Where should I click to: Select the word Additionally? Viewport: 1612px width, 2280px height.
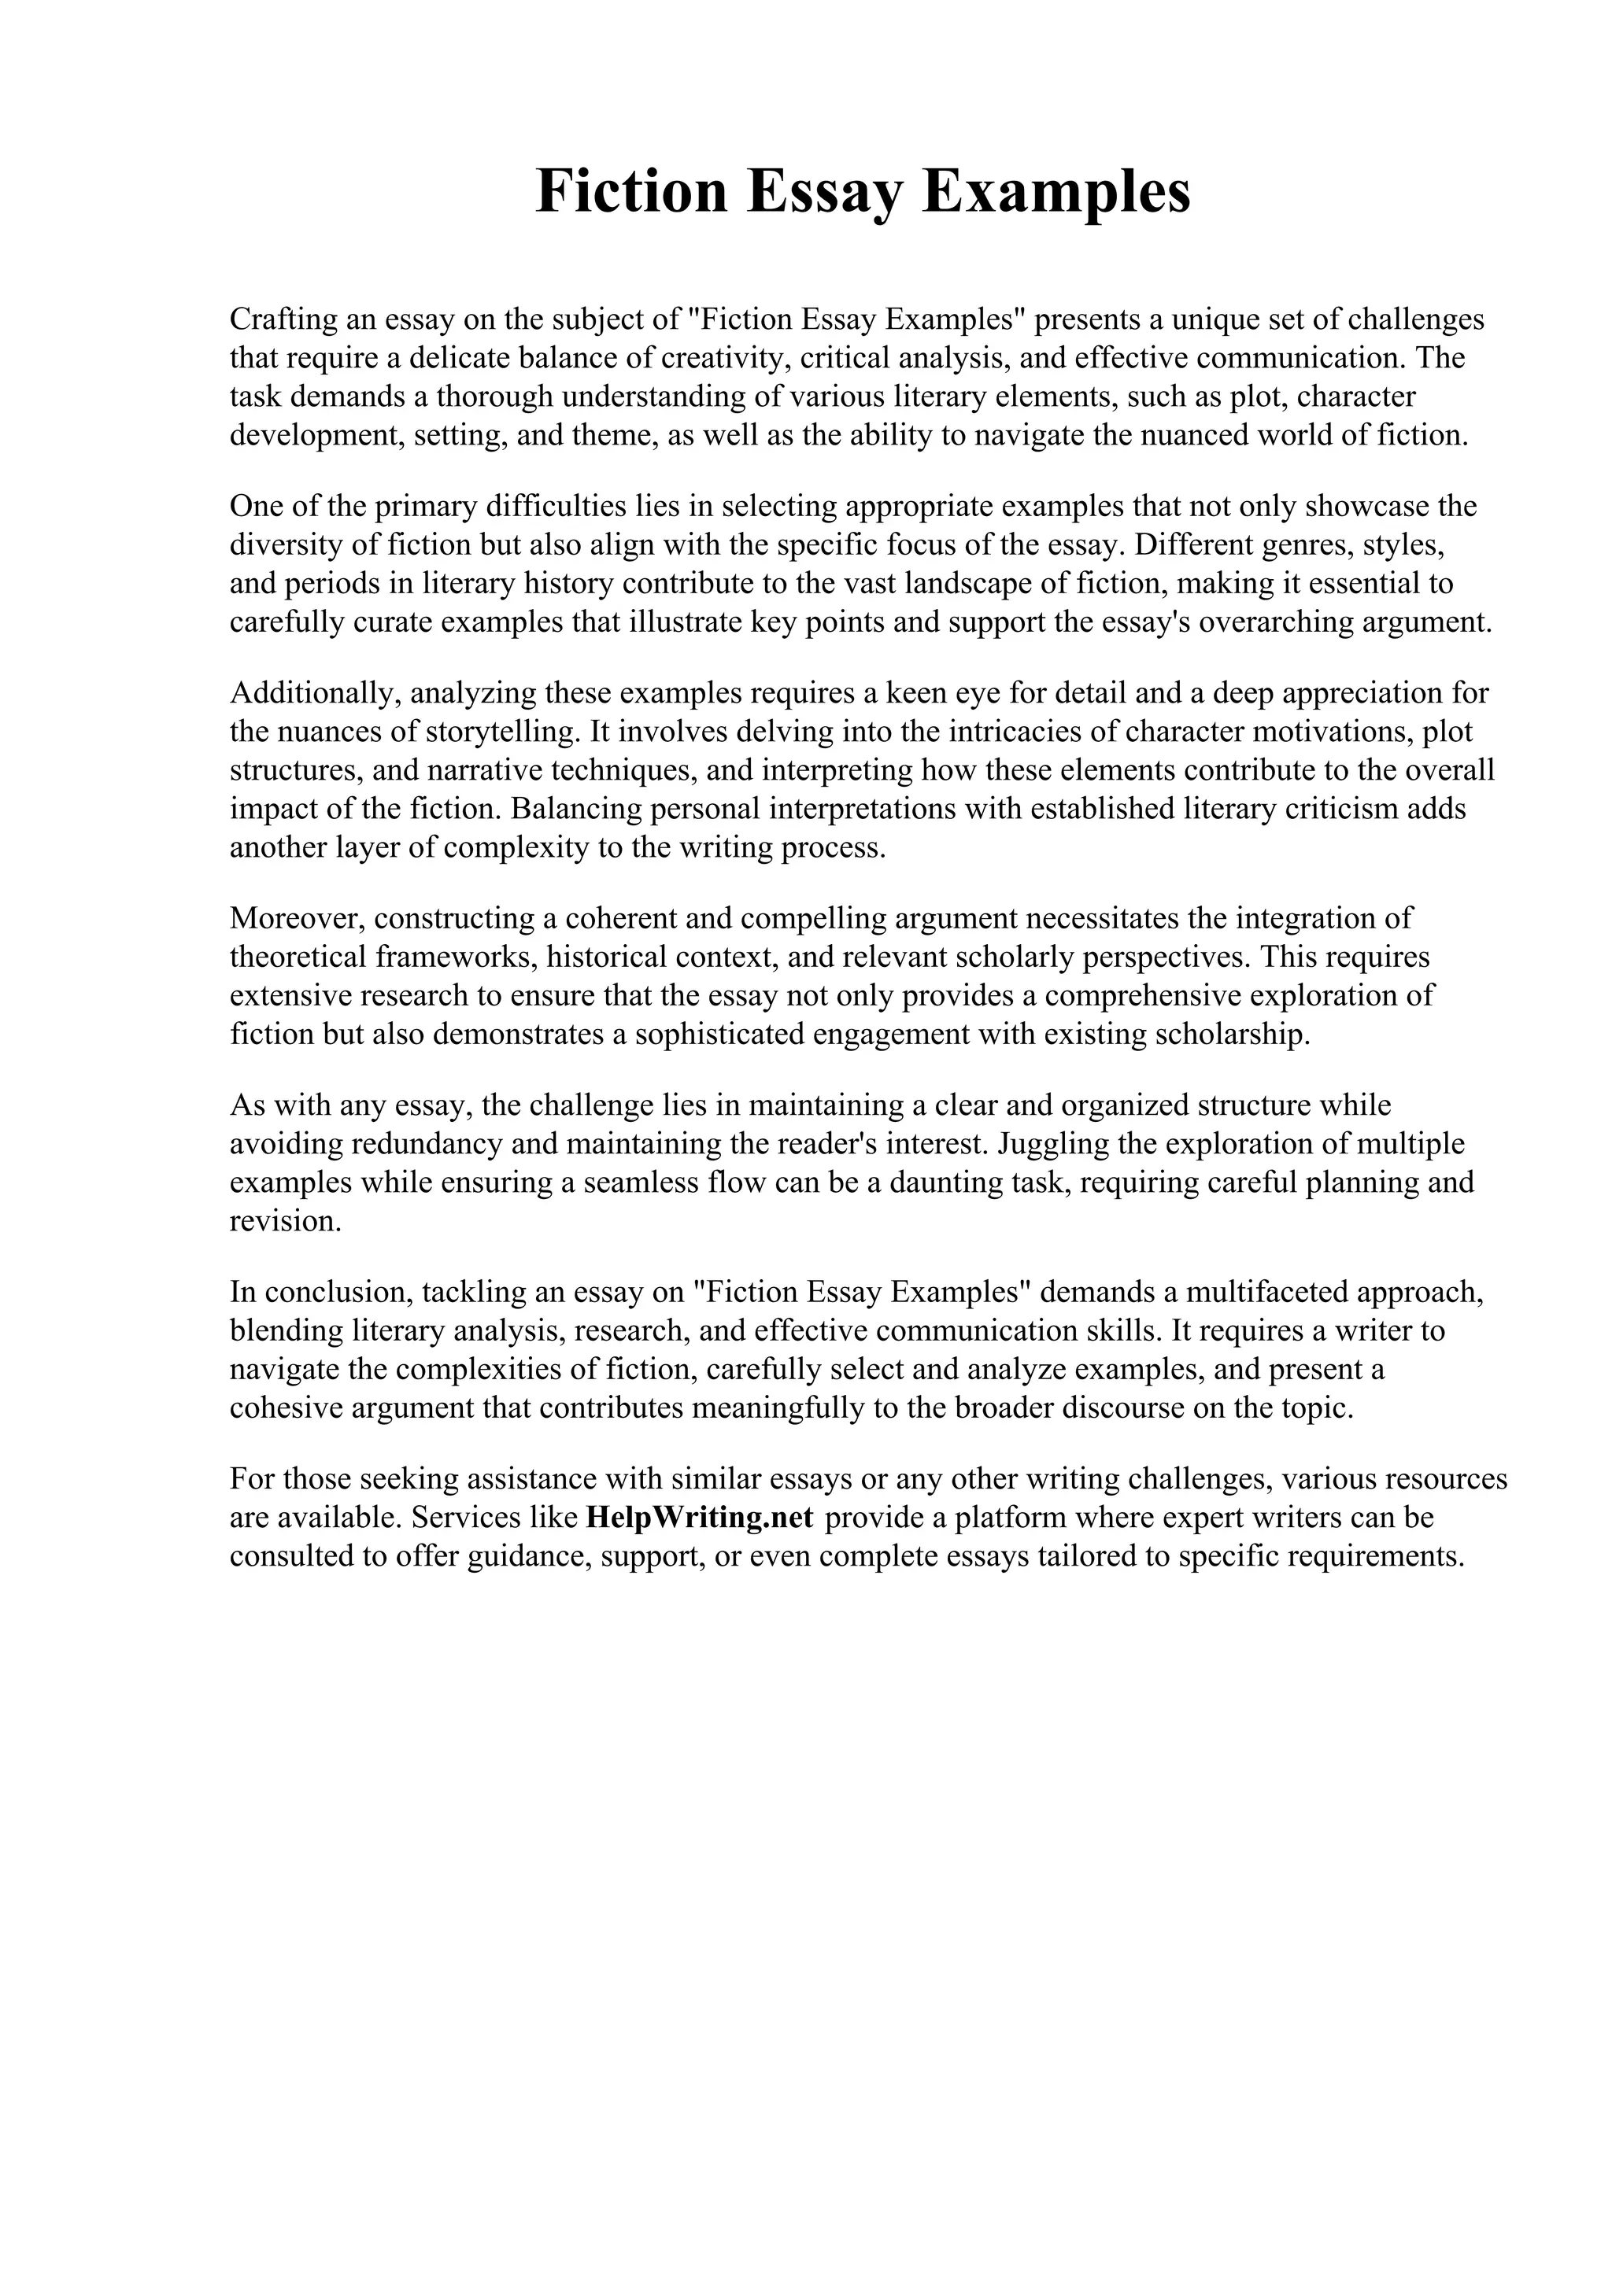311,692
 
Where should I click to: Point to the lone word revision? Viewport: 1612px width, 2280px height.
285,1221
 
